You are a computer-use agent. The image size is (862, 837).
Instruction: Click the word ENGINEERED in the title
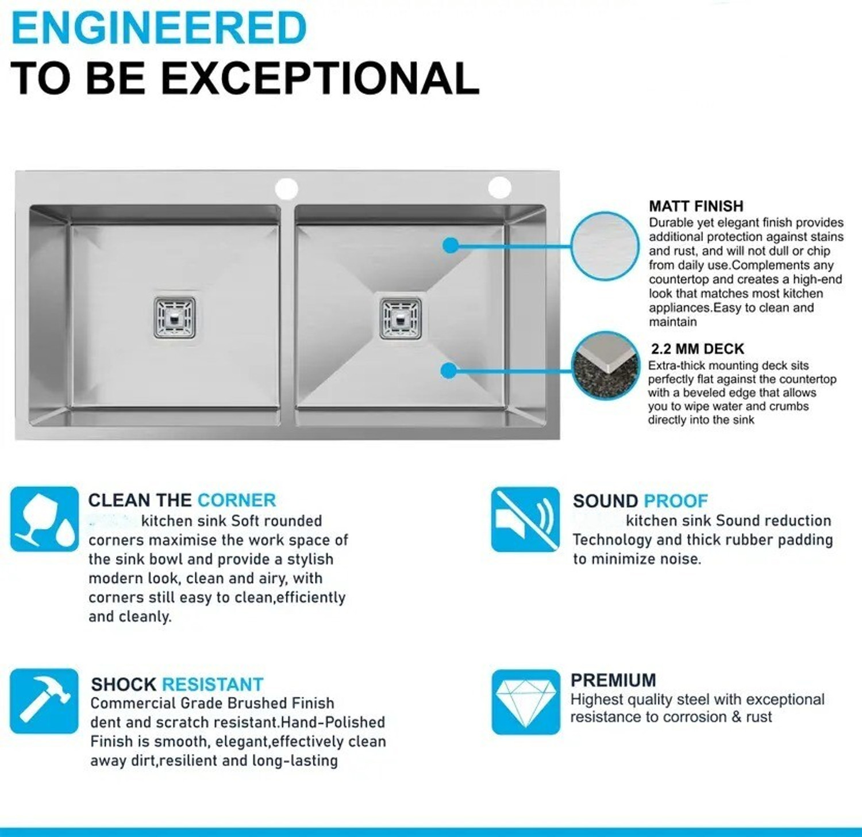tap(159, 28)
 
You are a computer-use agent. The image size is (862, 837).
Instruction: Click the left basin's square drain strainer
tap(175, 316)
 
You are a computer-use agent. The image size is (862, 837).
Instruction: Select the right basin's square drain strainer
tap(401, 318)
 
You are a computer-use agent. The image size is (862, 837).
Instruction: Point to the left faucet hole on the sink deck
tap(286, 188)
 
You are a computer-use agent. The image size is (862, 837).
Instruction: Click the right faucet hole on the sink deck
tap(500, 188)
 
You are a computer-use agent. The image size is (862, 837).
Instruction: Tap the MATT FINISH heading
tap(696, 206)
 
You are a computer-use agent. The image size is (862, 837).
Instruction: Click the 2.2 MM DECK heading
tap(698, 349)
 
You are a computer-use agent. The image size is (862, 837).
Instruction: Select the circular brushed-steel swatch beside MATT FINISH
tap(605, 246)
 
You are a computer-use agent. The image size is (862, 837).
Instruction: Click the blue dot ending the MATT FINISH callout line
tap(451, 246)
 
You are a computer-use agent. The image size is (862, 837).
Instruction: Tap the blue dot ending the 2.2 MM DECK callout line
tap(449, 370)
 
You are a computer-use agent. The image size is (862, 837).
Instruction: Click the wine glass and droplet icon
tap(44, 519)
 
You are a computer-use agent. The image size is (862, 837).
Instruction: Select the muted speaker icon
tap(525, 519)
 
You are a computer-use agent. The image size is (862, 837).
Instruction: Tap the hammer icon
tap(44, 701)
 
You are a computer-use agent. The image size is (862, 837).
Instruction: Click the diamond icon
tap(526, 702)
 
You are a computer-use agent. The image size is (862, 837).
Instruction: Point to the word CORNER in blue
tap(237, 500)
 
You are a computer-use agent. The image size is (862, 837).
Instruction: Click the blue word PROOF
tap(676, 501)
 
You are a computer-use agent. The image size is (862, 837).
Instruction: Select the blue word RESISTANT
tap(213, 685)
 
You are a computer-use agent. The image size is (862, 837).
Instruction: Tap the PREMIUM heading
tap(613, 681)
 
